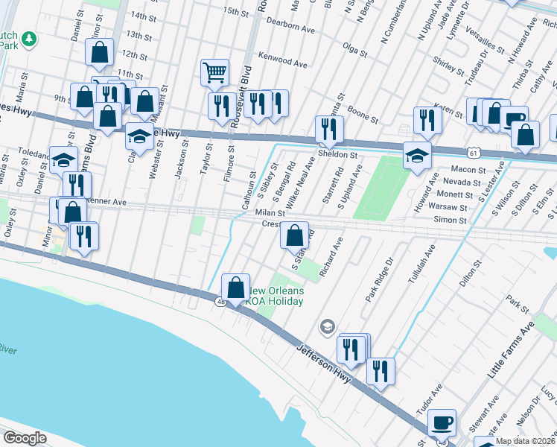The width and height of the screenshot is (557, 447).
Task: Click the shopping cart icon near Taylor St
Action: [214, 72]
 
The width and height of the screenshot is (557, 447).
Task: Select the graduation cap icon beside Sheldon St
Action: [418, 155]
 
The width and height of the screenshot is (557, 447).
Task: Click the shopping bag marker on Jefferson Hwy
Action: [235, 287]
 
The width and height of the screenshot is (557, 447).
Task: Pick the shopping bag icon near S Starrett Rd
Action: [295, 235]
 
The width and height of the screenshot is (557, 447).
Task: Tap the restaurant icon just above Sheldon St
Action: [328, 129]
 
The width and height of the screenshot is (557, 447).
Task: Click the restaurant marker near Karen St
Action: [427, 119]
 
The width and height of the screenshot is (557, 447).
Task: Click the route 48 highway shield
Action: [221, 301]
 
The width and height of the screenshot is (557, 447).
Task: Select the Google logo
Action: [25, 438]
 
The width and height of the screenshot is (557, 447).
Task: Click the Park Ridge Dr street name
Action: [378, 280]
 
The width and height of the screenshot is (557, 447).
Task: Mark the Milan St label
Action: [266, 212]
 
